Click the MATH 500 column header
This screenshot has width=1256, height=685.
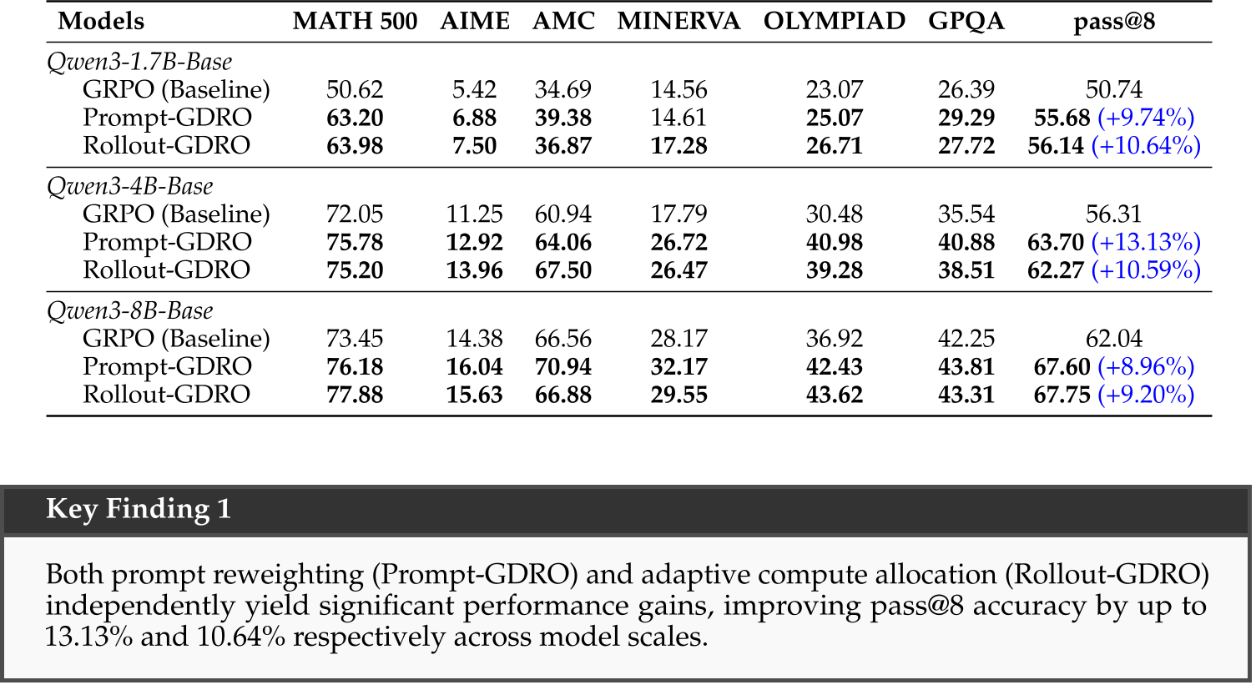point(355,21)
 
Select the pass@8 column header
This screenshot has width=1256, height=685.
point(1113,21)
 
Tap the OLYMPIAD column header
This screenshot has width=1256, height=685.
point(834,21)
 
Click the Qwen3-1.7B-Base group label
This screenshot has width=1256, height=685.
point(139,62)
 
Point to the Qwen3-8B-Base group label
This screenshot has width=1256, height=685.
point(130,310)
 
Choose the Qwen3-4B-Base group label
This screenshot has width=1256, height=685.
point(130,186)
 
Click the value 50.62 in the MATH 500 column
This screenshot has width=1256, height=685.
point(355,89)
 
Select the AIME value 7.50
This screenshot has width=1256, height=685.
point(474,145)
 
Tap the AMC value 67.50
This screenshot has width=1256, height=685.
point(563,270)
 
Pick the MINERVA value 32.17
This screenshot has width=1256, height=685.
point(678,366)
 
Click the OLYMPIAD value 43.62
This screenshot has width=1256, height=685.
point(834,395)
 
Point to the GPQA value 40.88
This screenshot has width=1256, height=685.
point(966,242)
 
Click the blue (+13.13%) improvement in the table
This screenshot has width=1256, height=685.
point(1146,242)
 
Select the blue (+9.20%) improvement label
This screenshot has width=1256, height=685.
point(1146,395)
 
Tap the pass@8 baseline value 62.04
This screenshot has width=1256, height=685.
point(1113,339)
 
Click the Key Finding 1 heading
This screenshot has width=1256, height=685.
point(139,509)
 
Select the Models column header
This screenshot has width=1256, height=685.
point(101,21)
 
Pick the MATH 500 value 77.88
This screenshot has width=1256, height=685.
point(355,395)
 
